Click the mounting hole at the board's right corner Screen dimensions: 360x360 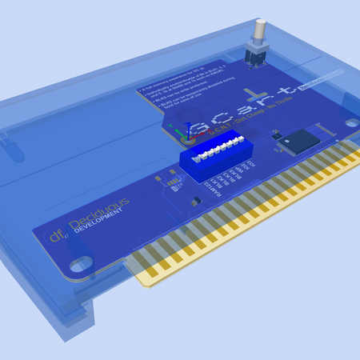click(350, 122)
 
